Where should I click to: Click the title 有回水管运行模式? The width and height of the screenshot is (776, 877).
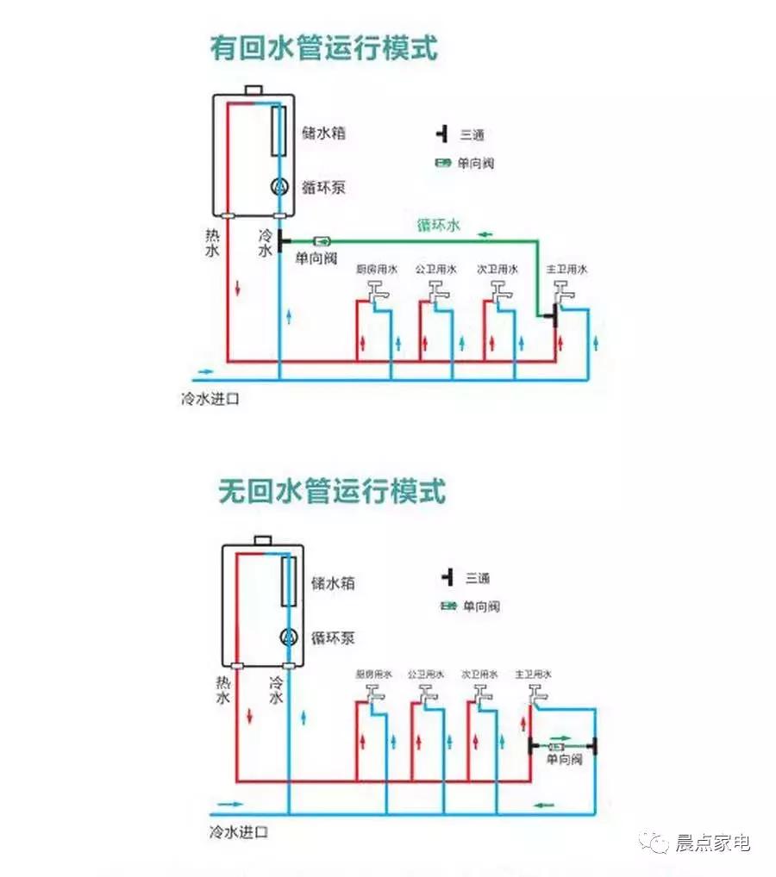[323, 48]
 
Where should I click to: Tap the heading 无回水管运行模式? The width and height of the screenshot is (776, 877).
[332, 492]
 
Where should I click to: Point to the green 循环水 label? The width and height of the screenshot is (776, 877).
[439, 226]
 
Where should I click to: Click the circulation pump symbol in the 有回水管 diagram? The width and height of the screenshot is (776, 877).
[279, 186]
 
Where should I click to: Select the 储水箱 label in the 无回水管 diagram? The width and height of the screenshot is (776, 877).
[333, 583]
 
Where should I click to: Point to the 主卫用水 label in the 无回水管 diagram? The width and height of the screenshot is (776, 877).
[533, 673]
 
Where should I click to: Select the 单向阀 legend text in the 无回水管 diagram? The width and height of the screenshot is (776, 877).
[483, 606]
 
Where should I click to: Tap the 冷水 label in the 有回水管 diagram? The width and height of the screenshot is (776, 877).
[265, 242]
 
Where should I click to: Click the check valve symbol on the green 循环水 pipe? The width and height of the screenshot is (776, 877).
[322, 241]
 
